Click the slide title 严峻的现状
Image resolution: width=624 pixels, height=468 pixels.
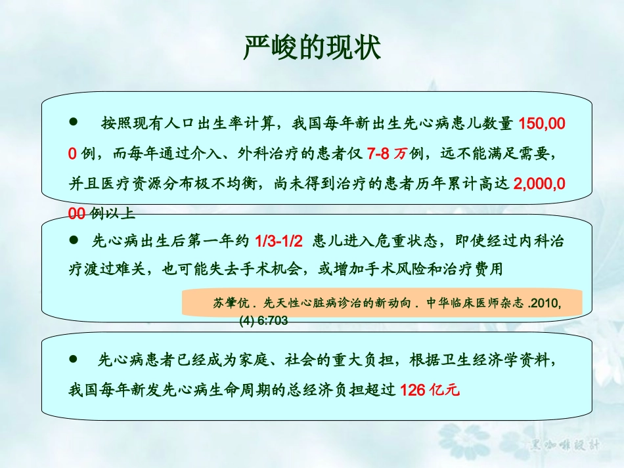point(311,47)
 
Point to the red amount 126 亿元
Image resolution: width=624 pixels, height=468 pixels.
point(430,389)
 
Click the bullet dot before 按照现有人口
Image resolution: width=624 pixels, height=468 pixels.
point(74,122)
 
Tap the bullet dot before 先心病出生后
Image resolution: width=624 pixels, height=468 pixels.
point(74,240)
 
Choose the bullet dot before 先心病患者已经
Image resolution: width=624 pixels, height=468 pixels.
point(74,359)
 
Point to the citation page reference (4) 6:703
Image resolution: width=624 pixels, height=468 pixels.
point(263,321)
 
